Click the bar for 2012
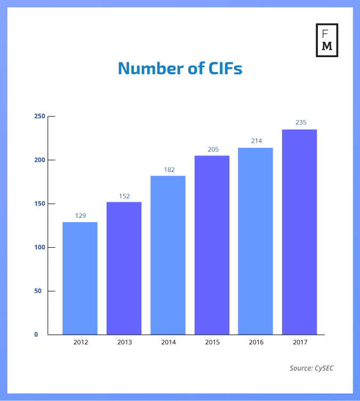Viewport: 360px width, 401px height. pos(80,278)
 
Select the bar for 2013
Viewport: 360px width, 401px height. pos(124,268)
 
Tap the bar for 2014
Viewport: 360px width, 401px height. pos(168,255)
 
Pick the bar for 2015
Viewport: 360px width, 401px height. pos(212,245)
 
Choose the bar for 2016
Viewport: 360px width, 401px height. pos(255,241)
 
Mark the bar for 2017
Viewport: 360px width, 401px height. pos(299,232)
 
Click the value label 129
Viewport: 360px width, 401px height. pos(80,216)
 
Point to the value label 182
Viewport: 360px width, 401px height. pos(168,170)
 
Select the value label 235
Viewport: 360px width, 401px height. pos(301,123)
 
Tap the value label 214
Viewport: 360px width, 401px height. pos(256,141)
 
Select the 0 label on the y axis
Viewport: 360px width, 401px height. pos(36,335)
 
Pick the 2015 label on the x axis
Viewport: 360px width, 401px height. pos(212,342)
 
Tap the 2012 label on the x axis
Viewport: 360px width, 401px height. pos(81,342)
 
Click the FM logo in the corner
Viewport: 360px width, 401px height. pos(327,40)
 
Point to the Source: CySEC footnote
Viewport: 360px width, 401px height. pos(312,368)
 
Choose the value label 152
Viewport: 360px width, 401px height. pos(124,196)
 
